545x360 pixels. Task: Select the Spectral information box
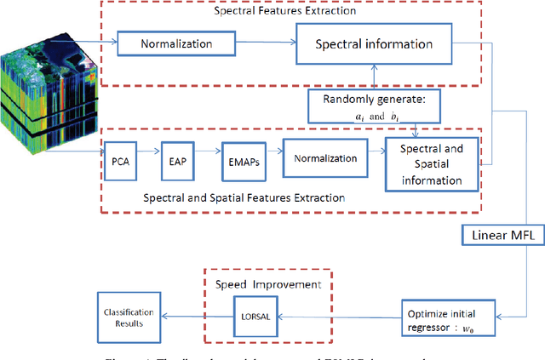point(375,43)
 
